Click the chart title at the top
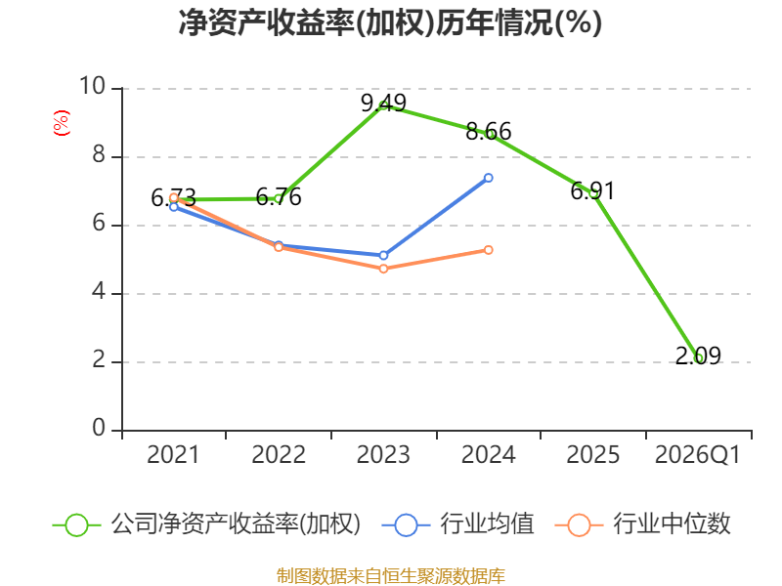(x=390, y=22)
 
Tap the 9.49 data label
(x=383, y=104)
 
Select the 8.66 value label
(x=488, y=132)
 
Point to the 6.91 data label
(x=592, y=190)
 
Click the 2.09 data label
(x=698, y=356)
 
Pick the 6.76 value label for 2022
(x=279, y=197)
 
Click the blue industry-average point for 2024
(x=488, y=178)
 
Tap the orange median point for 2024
(x=488, y=250)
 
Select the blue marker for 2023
(x=383, y=255)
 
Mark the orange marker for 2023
(x=383, y=269)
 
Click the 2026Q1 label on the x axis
(x=698, y=455)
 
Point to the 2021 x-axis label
(x=173, y=455)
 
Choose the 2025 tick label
(x=592, y=455)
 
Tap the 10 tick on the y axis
(x=93, y=86)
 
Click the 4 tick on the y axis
(x=100, y=291)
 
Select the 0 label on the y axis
(x=100, y=428)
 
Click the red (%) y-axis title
(x=62, y=123)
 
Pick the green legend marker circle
(x=76, y=525)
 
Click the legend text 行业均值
(x=487, y=524)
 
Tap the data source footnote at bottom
(x=390, y=576)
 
